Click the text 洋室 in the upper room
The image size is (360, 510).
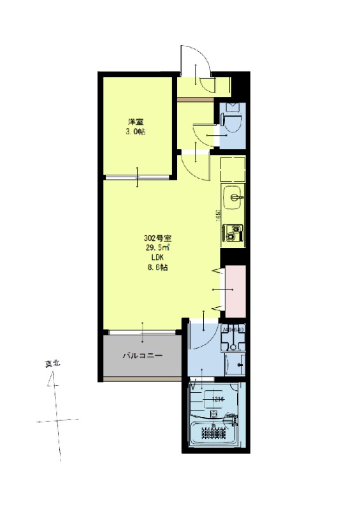point(135,122)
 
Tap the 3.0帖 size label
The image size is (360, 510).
point(135,132)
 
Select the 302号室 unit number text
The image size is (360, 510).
point(157,237)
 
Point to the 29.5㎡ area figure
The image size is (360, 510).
point(157,247)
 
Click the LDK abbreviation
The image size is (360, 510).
point(157,258)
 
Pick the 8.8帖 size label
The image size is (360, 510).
point(157,268)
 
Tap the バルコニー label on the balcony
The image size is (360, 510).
point(143,356)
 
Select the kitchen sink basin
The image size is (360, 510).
point(233,195)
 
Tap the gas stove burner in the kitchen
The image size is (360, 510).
point(233,232)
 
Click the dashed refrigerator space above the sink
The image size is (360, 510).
point(233,168)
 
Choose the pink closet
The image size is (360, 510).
point(235,289)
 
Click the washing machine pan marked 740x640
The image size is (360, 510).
point(233,339)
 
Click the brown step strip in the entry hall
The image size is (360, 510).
point(195,99)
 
